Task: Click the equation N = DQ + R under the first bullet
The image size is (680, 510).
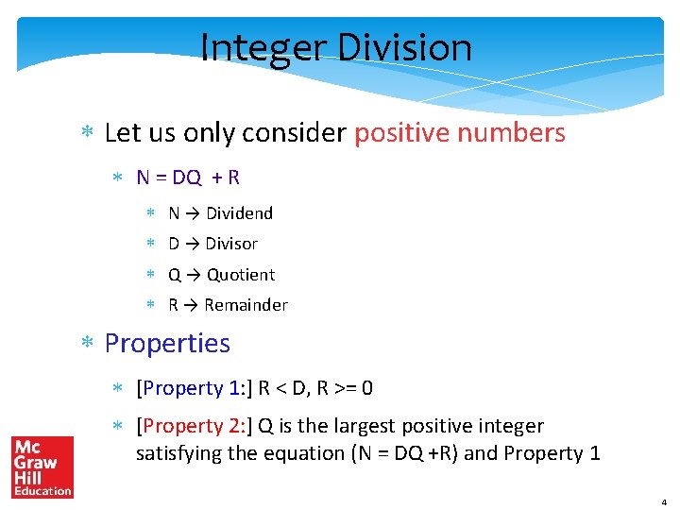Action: pos(188,177)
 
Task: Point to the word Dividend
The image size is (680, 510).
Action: pos(239,213)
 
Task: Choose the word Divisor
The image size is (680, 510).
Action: pos(231,244)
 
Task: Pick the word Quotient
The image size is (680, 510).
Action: pos(241,275)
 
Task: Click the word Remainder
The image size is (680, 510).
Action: pos(246,305)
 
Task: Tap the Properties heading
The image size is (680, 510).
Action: pos(167,343)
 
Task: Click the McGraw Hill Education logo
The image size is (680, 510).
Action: pos(42,467)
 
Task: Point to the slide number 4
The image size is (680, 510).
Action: pos(663,501)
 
